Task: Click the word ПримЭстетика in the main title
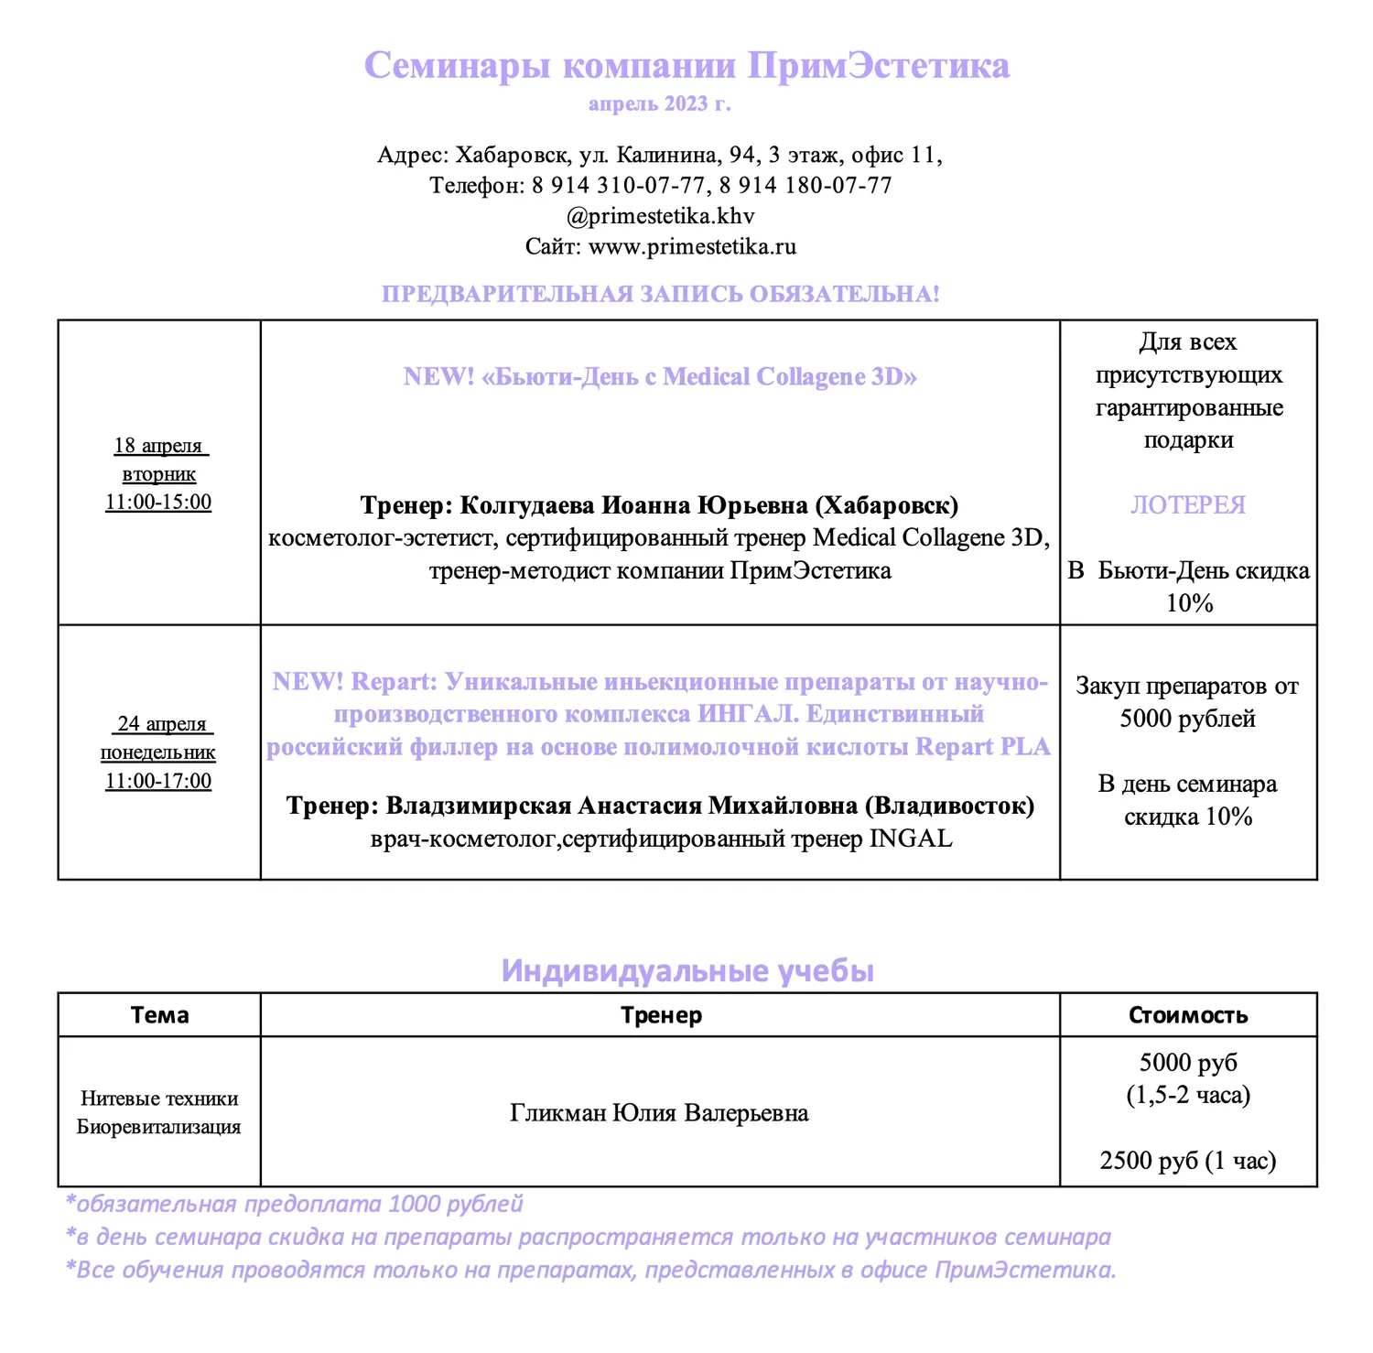point(878,66)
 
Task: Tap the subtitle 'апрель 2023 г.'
point(659,103)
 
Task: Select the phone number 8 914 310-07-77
point(618,186)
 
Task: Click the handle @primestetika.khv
point(660,216)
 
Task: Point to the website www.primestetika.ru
point(692,246)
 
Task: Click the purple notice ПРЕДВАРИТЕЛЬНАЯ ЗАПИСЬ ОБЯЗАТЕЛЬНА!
point(660,295)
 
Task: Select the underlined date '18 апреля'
point(158,446)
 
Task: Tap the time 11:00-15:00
point(158,503)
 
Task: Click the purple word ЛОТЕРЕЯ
point(1188,505)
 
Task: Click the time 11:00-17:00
point(158,782)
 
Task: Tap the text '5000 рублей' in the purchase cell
point(1187,719)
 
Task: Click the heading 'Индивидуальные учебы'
point(687,970)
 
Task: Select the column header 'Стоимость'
point(1188,1015)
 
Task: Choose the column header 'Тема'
point(159,1015)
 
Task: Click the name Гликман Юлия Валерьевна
point(659,1113)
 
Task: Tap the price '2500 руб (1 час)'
point(1188,1161)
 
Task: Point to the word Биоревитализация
point(159,1127)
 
